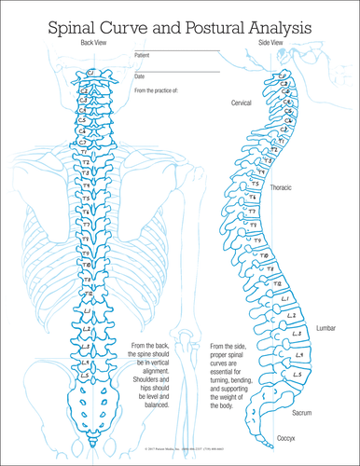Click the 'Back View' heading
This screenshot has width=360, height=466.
pos(95,44)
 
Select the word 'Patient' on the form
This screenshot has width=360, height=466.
pos(145,55)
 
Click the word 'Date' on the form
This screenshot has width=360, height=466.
pos(140,75)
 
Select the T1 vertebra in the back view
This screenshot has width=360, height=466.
pos(86,151)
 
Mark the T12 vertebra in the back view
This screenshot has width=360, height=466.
pos(87,296)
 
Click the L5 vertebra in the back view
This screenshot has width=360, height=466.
pos(87,377)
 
